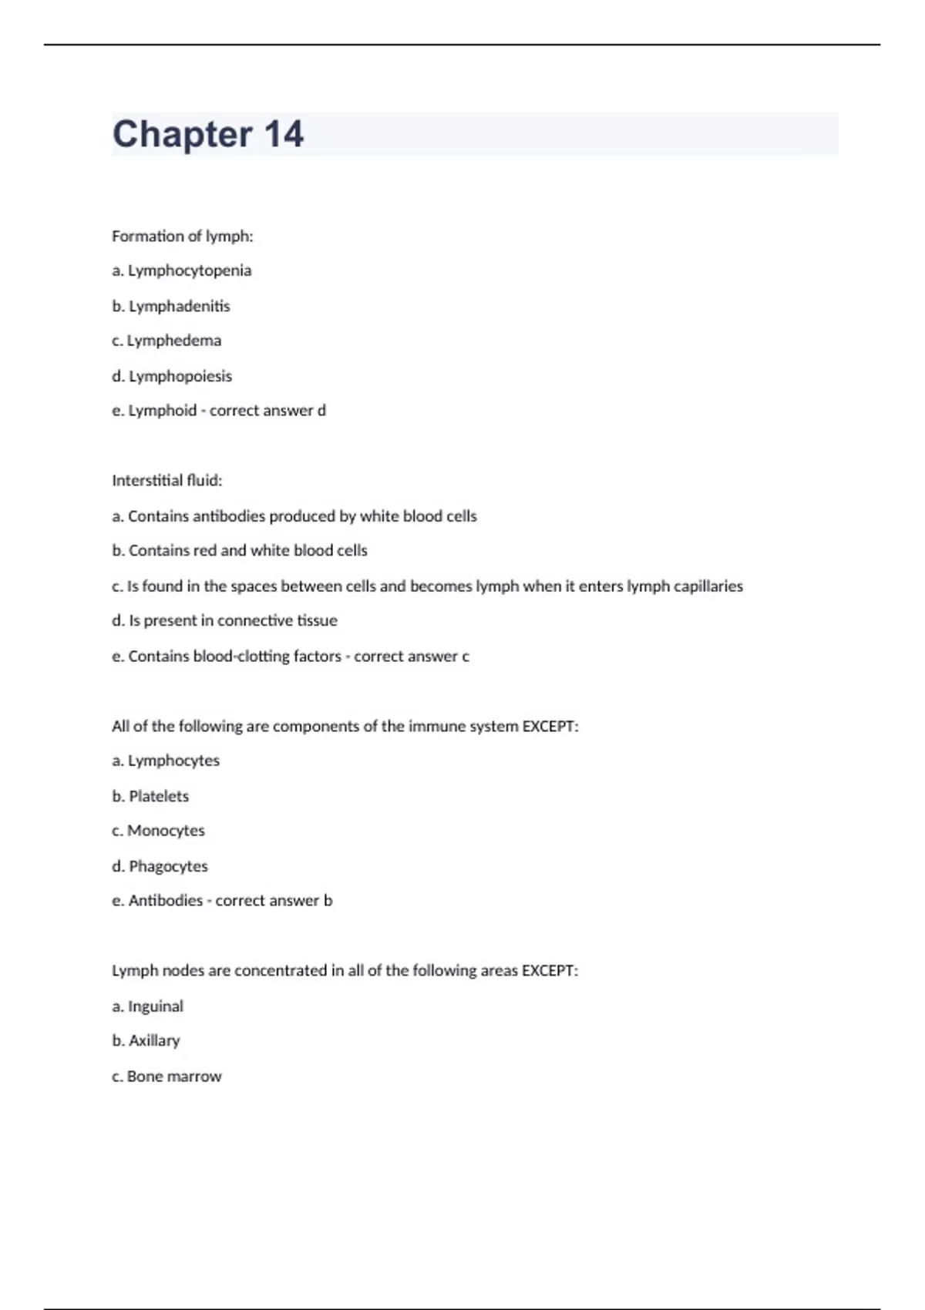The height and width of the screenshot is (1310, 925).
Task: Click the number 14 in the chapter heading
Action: click(284, 134)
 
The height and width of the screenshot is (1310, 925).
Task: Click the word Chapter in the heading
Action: click(182, 134)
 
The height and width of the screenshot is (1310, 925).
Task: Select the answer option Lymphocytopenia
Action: click(190, 270)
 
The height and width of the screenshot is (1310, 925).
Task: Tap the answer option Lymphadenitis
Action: click(179, 306)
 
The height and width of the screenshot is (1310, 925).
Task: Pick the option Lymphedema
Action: click(173, 341)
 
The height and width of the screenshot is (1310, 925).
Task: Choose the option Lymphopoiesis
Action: click(180, 376)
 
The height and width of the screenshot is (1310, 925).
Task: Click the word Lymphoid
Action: click(163, 411)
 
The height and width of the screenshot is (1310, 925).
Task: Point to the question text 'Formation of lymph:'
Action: click(182, 236)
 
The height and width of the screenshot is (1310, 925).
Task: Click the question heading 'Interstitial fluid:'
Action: click(166, 481)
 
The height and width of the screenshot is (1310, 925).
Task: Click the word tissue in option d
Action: click(317, 620)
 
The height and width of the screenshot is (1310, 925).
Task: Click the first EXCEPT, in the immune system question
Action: click(550, 726)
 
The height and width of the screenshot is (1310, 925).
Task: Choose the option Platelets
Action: click(158, 796)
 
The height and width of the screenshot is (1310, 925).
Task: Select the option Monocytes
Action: click(166, 831)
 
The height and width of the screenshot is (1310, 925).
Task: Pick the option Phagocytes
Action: click(168, 866)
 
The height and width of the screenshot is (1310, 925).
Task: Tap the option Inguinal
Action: click(155, 1006)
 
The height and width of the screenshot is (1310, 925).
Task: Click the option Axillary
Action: click(154, 1040)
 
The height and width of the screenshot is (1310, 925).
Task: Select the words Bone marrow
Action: click(174, 1077)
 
